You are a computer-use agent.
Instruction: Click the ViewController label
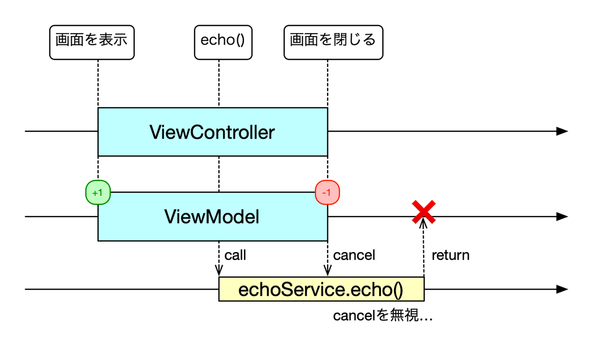pos(212,132)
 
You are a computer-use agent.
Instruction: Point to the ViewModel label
pos(212,217)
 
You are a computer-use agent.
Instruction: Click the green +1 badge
pos(98,192)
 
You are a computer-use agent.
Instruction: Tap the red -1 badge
pos(327,192)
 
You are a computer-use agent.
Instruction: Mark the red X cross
pos(424,212)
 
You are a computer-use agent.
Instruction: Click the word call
pos(235,256)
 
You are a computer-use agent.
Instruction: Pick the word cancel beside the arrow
pos(354,256)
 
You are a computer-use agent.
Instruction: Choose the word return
pos(450,256)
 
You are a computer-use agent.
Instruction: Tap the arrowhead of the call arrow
pos(218,271)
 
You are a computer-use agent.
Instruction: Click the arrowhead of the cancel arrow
pos(327,271)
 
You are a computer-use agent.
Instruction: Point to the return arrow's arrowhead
pos(424,224)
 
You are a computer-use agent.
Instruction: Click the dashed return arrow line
pos(424,253)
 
